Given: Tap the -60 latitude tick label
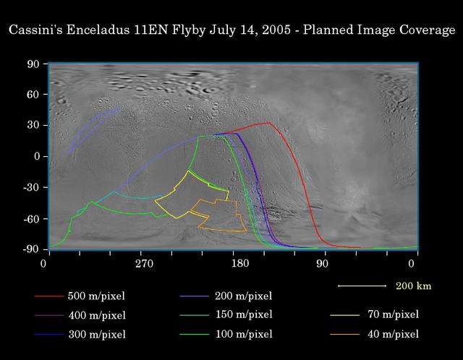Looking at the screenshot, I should (x=31, y=218).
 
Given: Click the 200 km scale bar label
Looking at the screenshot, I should (x=412, y=286).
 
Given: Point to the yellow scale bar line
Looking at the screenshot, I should (x=362, y=286).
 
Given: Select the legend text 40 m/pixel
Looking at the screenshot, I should (x=393, y=334).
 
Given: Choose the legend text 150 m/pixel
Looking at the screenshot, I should (x=244, y=314).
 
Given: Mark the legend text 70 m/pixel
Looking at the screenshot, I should (x=393, y=314).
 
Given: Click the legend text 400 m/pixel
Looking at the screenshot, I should (x=96, y=316).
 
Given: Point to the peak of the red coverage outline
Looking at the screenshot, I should (x=268, y=123).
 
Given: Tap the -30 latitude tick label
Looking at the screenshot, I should (x=31, y=187).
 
